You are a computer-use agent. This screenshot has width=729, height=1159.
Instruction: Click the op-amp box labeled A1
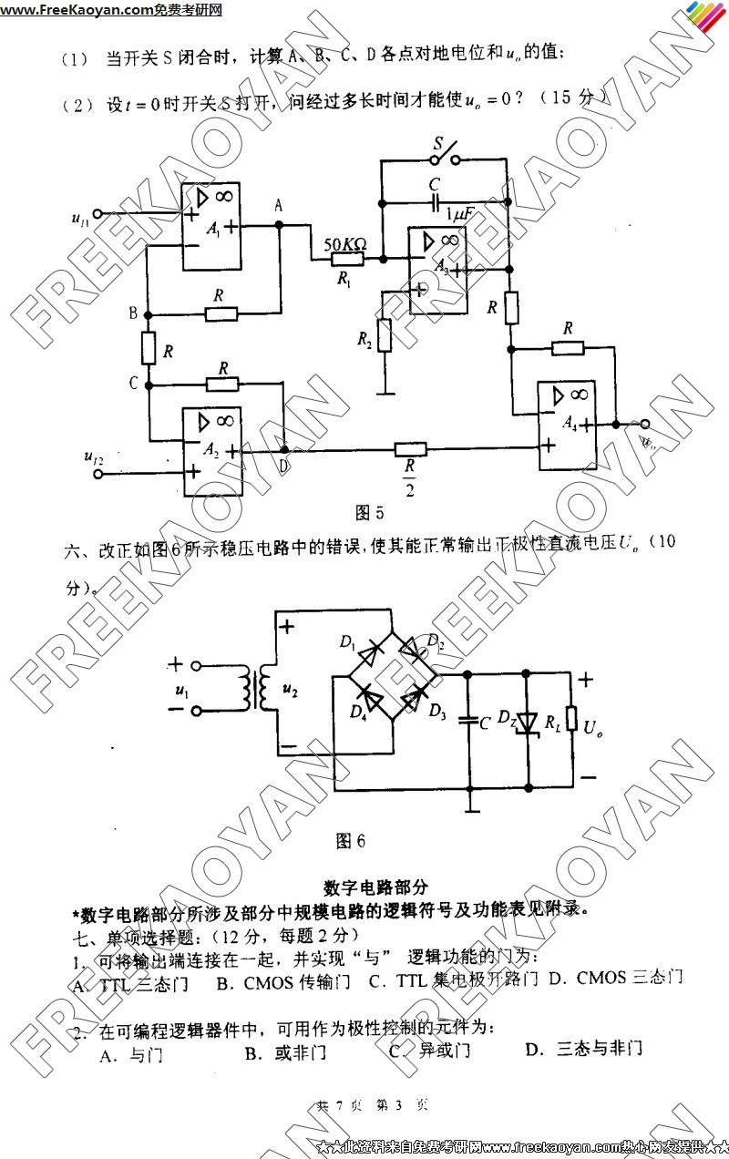click(x=211, y=229)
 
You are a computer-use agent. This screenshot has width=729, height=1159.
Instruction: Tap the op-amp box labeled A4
click(x=567, y=426)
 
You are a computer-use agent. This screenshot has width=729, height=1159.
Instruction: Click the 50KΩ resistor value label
click(x=345, y=243)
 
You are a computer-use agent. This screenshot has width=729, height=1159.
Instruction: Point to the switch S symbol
click(x=444, y=155)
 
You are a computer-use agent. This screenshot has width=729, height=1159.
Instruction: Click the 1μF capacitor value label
click(x=460, y=214)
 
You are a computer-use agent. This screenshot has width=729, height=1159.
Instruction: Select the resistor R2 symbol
click(x=385, y=335)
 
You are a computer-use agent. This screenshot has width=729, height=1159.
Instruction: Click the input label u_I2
click(x=93, y=458)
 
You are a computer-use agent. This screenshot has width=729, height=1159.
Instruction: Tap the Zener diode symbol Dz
click(x=526, y=723)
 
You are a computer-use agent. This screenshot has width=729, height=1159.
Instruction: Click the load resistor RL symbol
click(x=572, y=719)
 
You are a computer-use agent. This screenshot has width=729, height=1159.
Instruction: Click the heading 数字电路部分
click(x=375, y=887)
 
